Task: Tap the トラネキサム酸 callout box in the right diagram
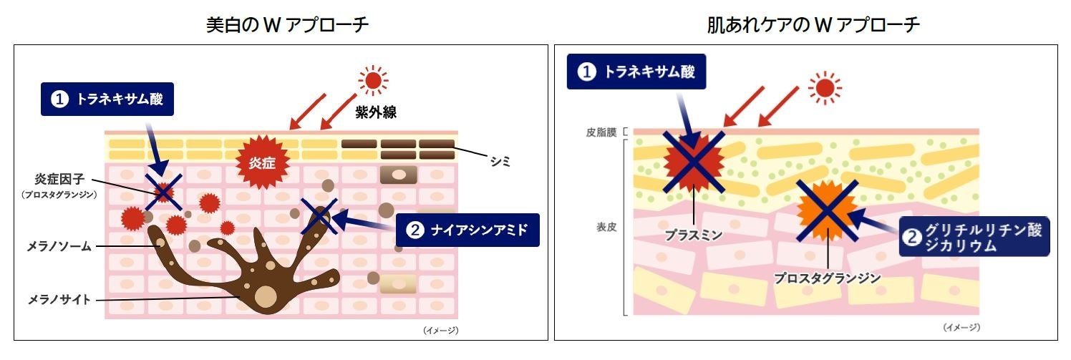636,72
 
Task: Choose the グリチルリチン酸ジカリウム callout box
974,236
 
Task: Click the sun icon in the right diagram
825,87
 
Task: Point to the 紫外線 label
375,112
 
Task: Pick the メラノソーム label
58,246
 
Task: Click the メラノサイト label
58,299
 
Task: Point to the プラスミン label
693,233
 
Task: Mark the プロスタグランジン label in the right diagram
827,278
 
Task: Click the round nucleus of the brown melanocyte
266,296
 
